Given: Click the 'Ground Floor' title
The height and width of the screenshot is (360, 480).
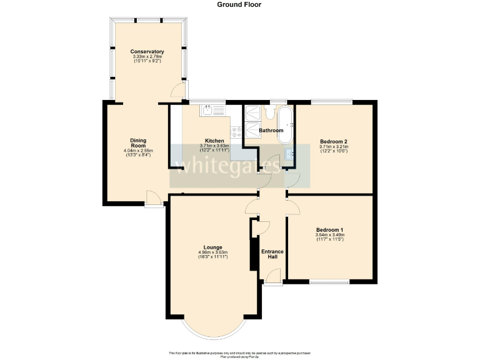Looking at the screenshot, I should [239, 4].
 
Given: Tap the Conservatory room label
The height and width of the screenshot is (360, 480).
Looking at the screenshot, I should [147, 51].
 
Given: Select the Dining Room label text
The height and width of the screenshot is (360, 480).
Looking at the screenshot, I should [138, 143].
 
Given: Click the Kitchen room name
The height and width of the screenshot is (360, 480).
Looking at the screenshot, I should [214, 141].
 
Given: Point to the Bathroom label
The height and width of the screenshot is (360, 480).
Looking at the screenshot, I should [271, 131].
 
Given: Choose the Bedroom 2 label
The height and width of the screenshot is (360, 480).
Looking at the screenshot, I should [333, 141].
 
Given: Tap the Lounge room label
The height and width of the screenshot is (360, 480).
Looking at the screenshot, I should [212, 247].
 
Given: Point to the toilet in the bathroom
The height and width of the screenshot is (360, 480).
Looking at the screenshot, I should [271, 112].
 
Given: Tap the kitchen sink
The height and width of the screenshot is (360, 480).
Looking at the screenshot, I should [208, 111].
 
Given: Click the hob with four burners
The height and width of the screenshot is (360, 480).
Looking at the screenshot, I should [237, 132].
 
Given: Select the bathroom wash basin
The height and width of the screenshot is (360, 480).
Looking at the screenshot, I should [289, 153].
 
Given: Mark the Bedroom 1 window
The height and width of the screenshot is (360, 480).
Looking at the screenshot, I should [329, 282].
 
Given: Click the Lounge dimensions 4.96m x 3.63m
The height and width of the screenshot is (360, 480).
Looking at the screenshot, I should [212, 252].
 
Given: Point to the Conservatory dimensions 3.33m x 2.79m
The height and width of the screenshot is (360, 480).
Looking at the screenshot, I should [147, 57].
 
